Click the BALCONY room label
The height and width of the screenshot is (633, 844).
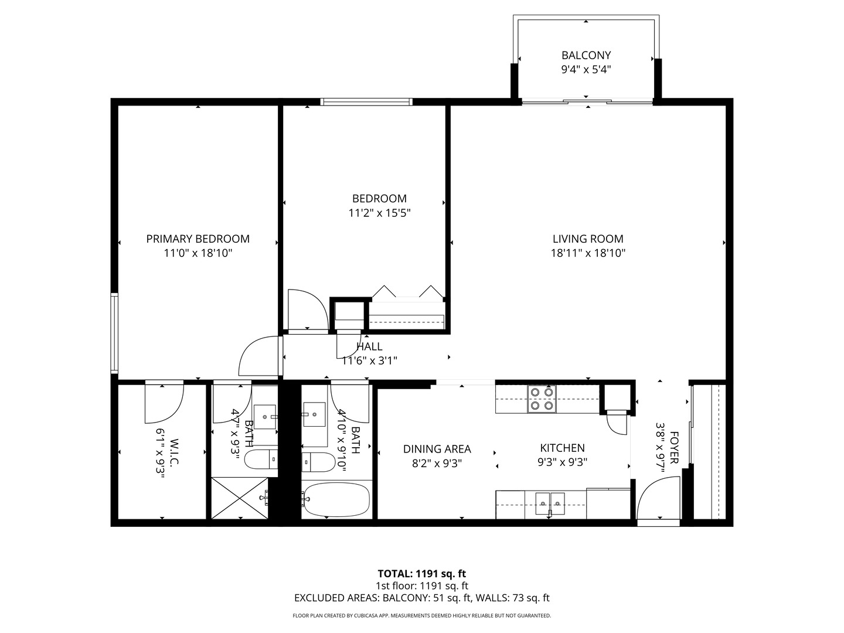(586, 56)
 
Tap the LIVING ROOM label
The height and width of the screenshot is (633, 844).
(588, 239)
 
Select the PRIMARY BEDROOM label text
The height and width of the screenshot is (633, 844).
(198, 239)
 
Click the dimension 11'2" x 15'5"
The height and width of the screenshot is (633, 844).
(379, 213)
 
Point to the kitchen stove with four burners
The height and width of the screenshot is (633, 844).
(541, 399)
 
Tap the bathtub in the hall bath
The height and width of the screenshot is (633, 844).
(336, 499)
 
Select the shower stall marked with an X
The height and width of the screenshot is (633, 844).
(240, 498)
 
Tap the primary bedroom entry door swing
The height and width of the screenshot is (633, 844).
(258, 356)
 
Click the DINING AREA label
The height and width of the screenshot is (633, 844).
(437, 449)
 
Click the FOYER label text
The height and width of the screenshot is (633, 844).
(674, 448)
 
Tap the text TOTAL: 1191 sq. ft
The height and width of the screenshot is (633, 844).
(421, 574)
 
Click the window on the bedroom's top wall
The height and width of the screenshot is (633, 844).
(366, 102)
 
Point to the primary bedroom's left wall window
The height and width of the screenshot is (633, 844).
(114, 333)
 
